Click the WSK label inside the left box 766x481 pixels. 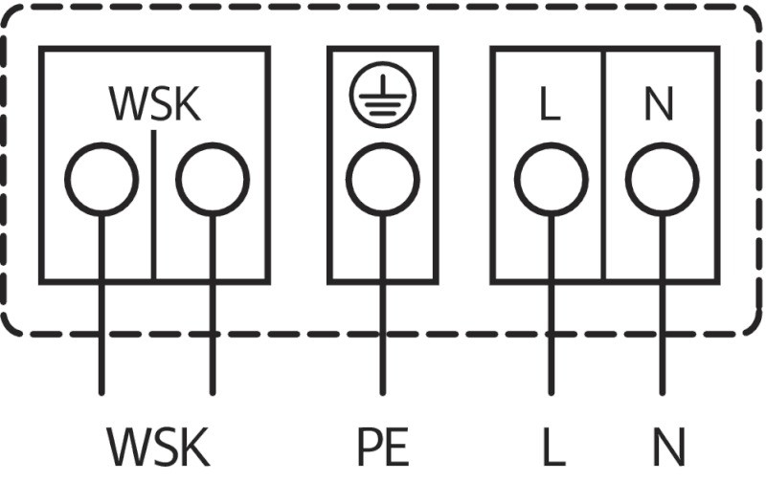pyautogui.click(x=155, y=104)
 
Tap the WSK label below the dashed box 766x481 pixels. pyautogui.click(x=157, y=447)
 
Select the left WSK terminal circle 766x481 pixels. pyautogui.click(x=101, y=179)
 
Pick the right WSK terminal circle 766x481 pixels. pyautogui.click(x=213, y=179)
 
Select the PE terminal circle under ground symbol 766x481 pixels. pyautogui.click(x=382, y=179)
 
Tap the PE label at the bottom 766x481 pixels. pyautogui.click(x=382, y=447)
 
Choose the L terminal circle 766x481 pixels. pyautogui.click(x=551, y=179)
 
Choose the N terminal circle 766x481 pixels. pyautogui.click(x=662, y=179)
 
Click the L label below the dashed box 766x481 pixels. pyautogui.click(x=552, y=447)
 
